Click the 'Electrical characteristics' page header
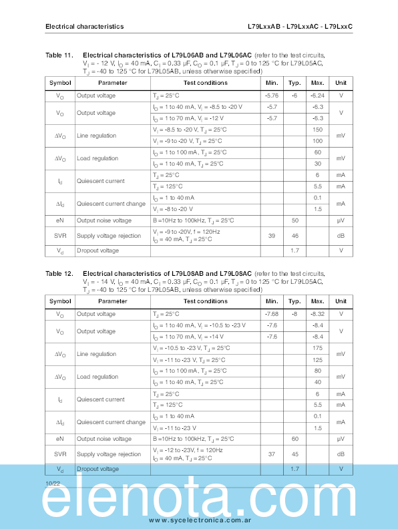point(84,27)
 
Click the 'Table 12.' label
point(59,273)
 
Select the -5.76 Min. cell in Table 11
point(272,96)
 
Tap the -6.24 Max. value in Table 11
point(317,96)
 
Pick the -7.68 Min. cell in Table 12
point(272,314)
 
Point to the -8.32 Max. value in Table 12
point(317,314)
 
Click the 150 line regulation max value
point(317,130)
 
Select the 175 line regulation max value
point(317,348)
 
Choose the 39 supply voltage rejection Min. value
point(272,236)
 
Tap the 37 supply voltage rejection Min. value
point(272,454)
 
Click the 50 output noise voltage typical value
point(294,220)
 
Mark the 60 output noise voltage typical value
point(294,439)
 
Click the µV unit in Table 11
point(341,220)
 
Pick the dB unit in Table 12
point(341,454)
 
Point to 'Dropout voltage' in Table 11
point(97,250)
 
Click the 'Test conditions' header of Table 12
point(205,301)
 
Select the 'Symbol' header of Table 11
point(59,83)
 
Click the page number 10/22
point(53,482)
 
